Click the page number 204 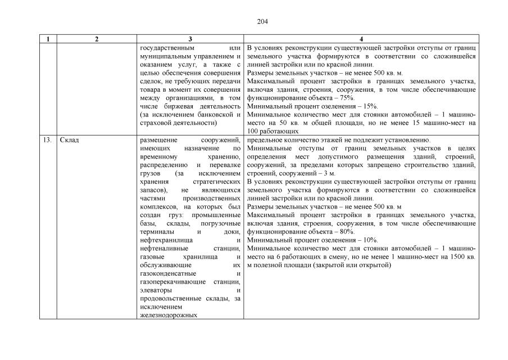coord(262,22)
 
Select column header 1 coord(48,39)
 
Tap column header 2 coord(97,39)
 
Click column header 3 coord(190,39)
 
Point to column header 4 coord(361,39)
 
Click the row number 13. coord(48,140)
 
